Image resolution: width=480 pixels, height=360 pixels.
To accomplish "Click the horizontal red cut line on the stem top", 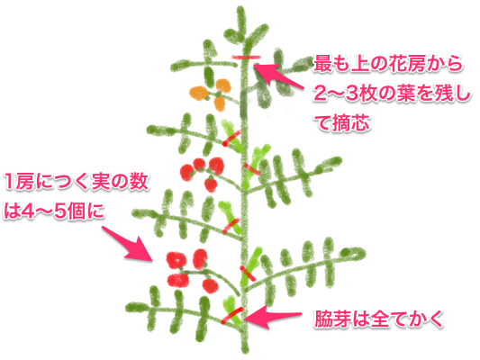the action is coord(246,57).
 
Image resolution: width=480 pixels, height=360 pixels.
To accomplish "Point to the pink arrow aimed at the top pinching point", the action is coord(277,76).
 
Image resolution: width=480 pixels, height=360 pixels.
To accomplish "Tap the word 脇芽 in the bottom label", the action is coord(332,319).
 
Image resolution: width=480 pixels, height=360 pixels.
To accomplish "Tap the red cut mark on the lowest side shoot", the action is coord(231,315).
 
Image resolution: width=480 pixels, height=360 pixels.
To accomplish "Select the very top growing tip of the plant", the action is coord(241,10).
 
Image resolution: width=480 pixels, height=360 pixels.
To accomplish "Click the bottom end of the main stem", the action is coord(245,350).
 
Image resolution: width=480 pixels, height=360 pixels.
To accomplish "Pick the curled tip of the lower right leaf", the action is coord(355,254).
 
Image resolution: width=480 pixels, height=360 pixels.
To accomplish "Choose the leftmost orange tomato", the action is coord(199,93).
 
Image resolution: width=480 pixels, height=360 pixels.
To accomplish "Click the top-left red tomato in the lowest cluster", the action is coord(176,260).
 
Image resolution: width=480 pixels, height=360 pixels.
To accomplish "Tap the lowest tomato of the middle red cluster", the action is coord(211,185).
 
